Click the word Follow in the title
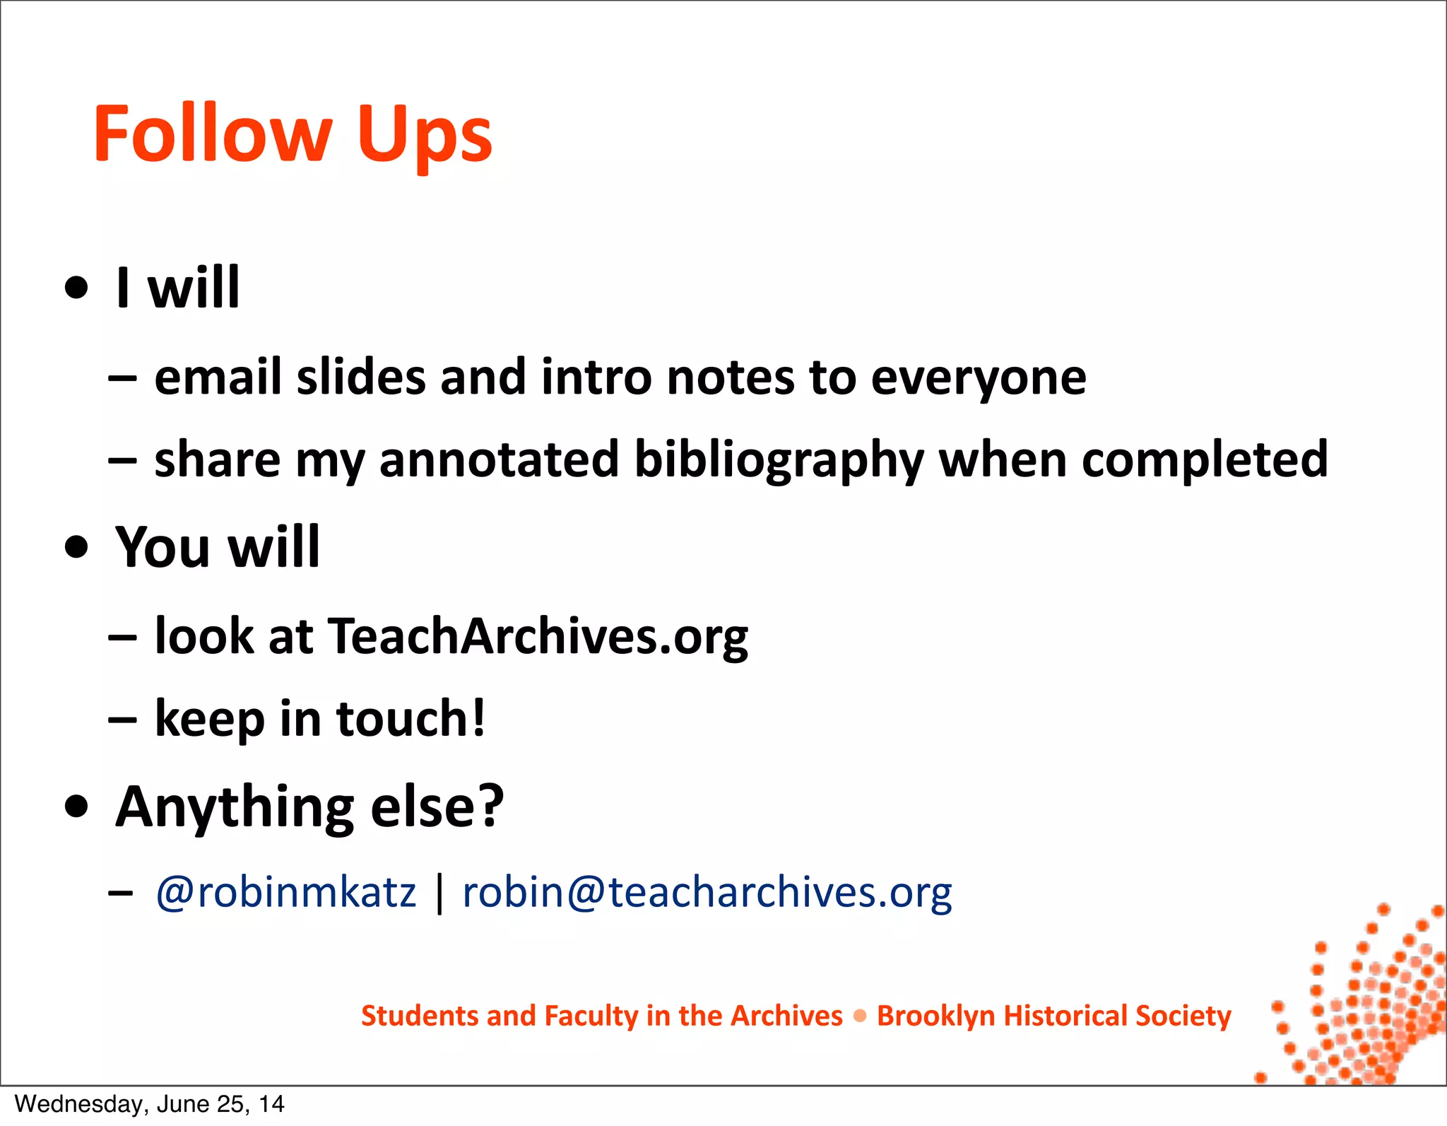[212, 134]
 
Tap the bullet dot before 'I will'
[76, 288]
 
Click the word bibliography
[779, 461]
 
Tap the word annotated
[500, 459]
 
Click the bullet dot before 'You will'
[76, 547]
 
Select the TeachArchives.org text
[538, 636]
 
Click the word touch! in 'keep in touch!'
[411, 718]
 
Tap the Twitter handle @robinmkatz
[285, 892]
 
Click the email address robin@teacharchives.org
[707, 892]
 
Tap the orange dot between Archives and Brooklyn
[860, 1016]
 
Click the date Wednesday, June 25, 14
[149, 1104]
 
